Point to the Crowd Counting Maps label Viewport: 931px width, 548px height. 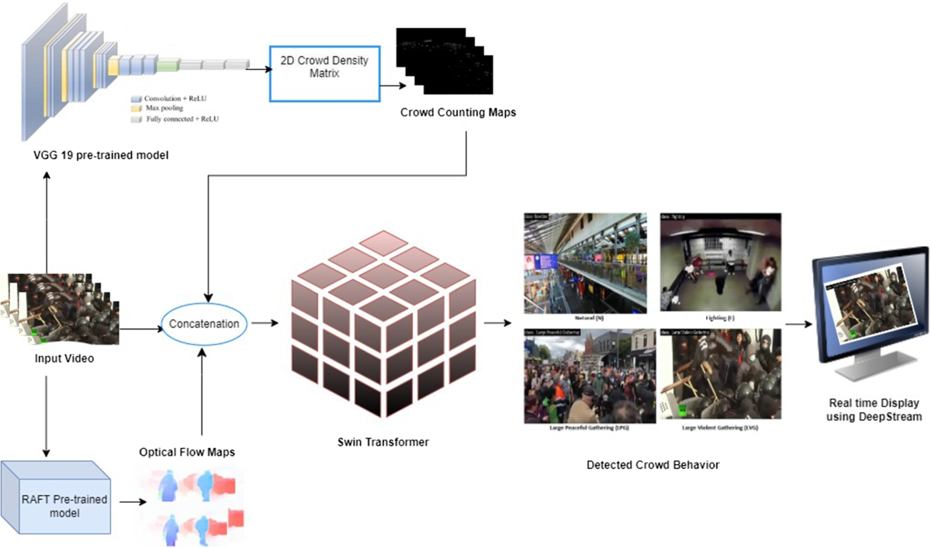click(458, 113)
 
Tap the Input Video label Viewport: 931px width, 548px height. click(64, 359)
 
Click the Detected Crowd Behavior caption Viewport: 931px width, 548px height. click(653, 465)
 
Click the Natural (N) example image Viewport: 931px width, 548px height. click(585, 262)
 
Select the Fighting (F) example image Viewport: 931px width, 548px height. click(721, 262)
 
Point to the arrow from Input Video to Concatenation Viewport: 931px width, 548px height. click(140, 328)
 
